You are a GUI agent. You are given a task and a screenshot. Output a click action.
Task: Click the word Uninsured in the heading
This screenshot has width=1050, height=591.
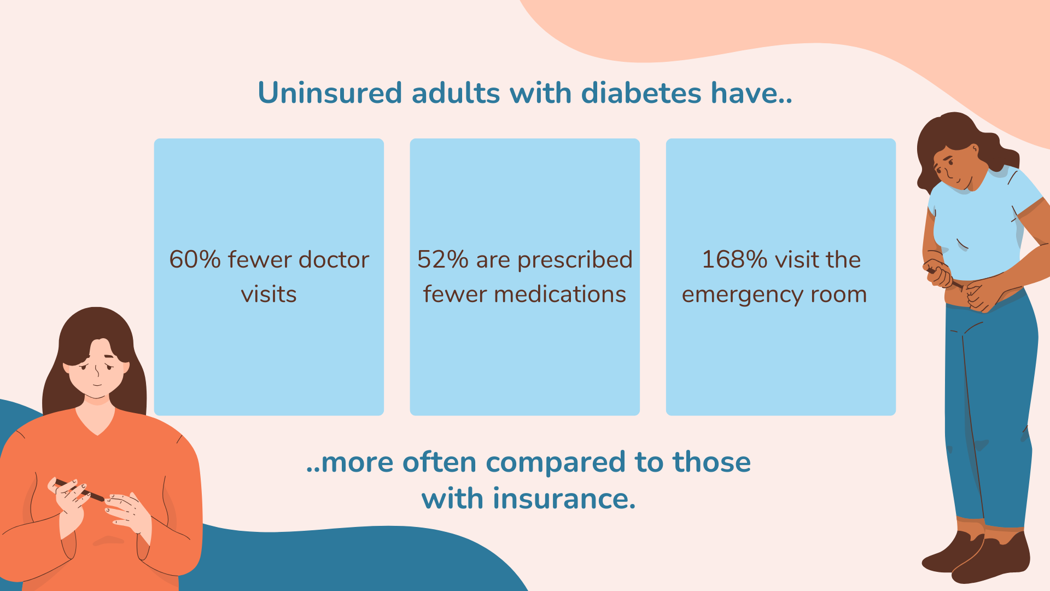(x=330, y=92)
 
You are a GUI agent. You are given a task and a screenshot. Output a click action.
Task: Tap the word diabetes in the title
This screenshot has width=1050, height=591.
(x=641, y=92)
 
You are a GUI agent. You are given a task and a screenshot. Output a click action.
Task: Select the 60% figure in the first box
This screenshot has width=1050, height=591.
(x=195, y=259)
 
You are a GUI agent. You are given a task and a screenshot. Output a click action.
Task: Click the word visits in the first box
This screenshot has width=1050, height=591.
(x=269, y=294)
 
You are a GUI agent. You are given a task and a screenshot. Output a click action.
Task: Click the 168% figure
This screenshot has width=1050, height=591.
(x=734, y=259)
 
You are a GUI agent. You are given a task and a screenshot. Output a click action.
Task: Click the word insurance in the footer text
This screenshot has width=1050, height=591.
(x=564, y=499)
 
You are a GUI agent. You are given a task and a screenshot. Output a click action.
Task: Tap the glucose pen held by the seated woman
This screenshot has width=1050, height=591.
(x=79, y=490)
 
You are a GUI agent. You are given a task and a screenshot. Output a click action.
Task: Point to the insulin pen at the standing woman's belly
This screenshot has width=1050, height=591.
(x=945, y=278)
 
